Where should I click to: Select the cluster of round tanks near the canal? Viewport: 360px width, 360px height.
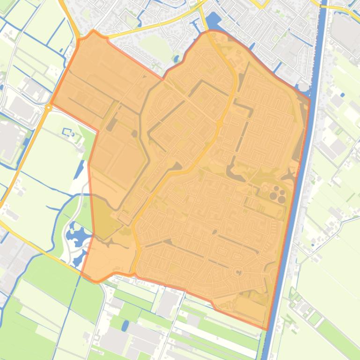pyautogui.click(x=277, y=194)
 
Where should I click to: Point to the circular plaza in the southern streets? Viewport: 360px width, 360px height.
pyautogui.click(x=238, y=272)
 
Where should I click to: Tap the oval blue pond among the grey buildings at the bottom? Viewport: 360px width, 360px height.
pyautogui.click(x=125, y=325)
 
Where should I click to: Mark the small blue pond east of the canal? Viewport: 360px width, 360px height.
pyautogui.click(x=343, y=95)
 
